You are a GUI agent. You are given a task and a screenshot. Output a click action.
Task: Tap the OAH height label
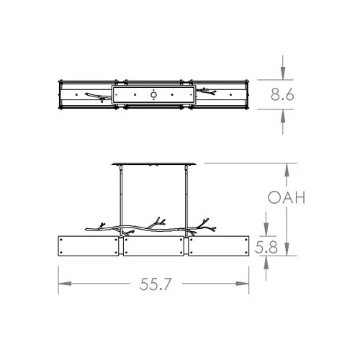pyautogui.click(x=287, y=197)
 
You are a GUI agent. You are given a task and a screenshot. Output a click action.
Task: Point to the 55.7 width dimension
pyautogui.click(x=155, y=284)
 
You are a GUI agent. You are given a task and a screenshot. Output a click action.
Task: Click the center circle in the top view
pyautogui.click(x=154, y=94)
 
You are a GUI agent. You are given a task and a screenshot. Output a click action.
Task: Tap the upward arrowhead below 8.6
pyautogui.click(x=286, y=114)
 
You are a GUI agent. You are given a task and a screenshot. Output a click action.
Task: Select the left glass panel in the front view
pyautogui.click(x=90, y=246)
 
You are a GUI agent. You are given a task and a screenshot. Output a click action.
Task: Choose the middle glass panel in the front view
pyautogui.click(x=155, y=246)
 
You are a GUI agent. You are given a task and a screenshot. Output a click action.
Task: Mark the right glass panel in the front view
pyautogui.click(x=219, y=246)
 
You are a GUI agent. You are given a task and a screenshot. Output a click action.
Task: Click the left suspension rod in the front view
pyautogui.click(x=121, y=198)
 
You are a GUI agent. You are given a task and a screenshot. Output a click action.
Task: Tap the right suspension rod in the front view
pyautogui.click(x=188, y=198)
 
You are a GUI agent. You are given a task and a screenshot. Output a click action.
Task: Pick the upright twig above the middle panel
pyautogui.click(x=157, y=220)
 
